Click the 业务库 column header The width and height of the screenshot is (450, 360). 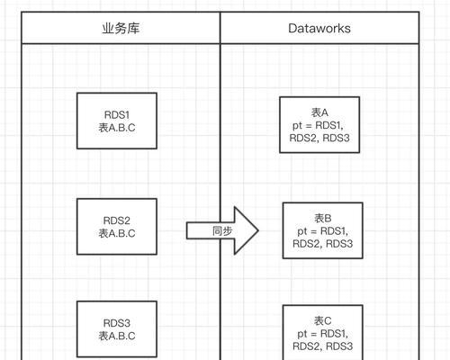pyautogui.click(x=121, y=28)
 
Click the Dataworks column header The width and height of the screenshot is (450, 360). pyautogui.click(x=319, y=28)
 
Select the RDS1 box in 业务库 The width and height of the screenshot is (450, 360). pyautogui.click(x=117, y=121)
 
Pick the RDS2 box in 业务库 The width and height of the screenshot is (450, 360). pyautogui.click(x=117, y=227)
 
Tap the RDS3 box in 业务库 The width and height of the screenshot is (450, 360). pyautogui.click(x=117, y=329)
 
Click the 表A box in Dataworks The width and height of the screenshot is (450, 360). pyautogui.click(x=319, y=125)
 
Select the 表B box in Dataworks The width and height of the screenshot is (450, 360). pyautogui.click(x=323, y=230)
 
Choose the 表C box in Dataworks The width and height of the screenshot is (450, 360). pyautogui.click(x=323, y=332)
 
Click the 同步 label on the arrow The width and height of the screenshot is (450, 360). pyautogui.click(x=222, y=231)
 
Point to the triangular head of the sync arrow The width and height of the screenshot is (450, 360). pyautogui.click(x=246, y=230)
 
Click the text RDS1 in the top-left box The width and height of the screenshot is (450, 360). pyautogui.click(x=117, y=114)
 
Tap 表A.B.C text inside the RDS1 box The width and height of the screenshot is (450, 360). pyautogui.click(x=117, y=128)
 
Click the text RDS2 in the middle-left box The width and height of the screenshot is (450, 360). pyautogui.click(x=117, y=220)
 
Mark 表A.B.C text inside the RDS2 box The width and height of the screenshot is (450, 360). pyautogui.click(x=117, y=233)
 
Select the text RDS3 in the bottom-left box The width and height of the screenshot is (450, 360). pyautogui.click(x=117, y=323)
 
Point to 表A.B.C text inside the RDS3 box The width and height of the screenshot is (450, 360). pyautogui.click(x=117, y=336)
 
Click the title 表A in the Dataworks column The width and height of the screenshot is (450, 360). pyautogui.click(x=319, y=112)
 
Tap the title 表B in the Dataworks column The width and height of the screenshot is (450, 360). pyautogui.click(x=323, y=219)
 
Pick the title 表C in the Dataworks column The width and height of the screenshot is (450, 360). pyautogui.click(x=323, y=320)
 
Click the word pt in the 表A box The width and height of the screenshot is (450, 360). pyautogui.click(x=297, y=126)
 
